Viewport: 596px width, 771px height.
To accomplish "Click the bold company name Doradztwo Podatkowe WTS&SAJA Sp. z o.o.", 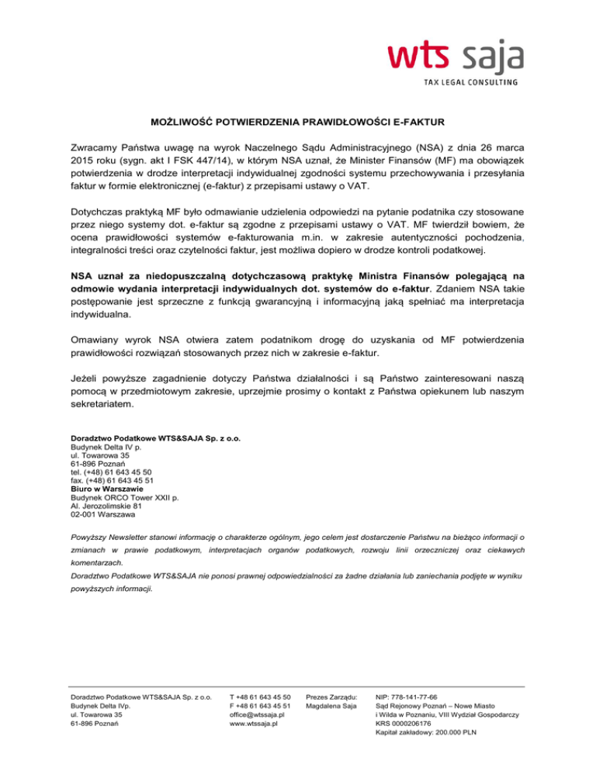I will coord(155,438).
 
